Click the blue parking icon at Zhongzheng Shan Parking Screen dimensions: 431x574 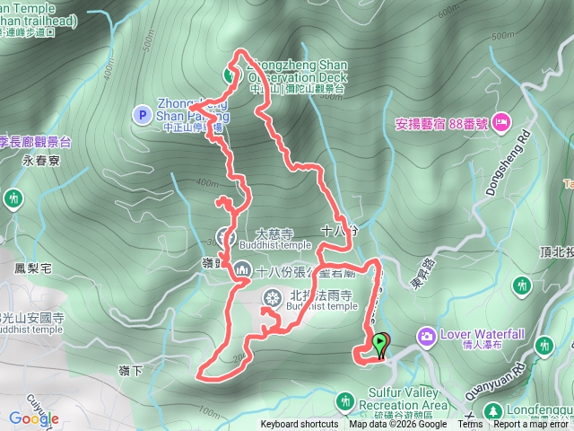[x=141, y=114]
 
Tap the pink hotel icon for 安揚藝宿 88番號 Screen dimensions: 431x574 [x=500, y=121]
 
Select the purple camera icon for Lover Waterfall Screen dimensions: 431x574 [x=426, y=337]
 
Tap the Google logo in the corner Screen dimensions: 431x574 [x=34, y=418]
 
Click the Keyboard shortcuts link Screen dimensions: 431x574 [x=300, y=425]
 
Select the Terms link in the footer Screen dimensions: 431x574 [x=470, y=425]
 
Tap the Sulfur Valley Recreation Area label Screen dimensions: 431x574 [x=408, y=399]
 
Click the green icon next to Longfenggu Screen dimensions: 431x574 [x=492, y=411]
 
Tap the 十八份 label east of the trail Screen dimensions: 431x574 [x=338, y=232]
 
